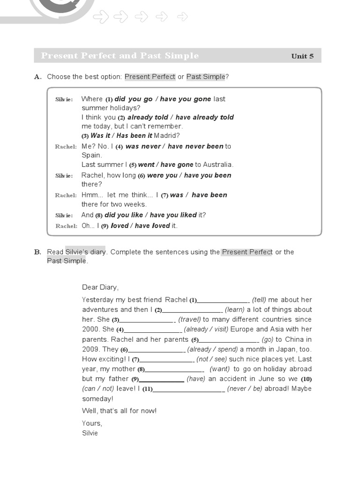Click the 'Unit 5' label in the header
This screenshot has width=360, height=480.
[x=302, y=56]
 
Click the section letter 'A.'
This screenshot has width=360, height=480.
[x=38, y=77]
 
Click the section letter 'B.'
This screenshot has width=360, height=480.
[x=38, y=252]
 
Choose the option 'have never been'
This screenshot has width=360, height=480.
[x=195, y=146]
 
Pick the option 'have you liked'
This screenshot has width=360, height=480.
[x=173, y=215]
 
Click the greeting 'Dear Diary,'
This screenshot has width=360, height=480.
[x=100, y=287]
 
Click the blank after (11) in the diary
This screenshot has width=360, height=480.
[x=189, y=389]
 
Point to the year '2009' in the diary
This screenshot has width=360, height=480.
[x=90, y=349]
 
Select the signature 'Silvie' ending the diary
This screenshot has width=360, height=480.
[x=90, y=433]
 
